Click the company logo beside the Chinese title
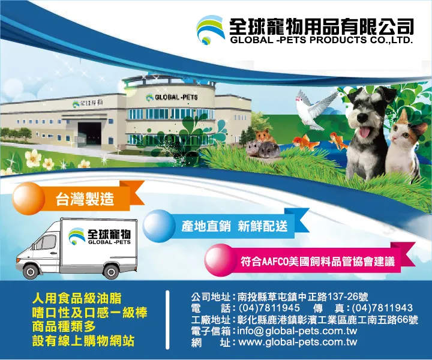coord(210,30)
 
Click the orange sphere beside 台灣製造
coord(28,199)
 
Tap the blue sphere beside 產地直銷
coord(158,226)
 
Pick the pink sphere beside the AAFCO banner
coord(220,260)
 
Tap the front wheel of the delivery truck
coord(31,271)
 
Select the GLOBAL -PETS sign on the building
coord(172,97)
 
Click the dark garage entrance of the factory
coord(89,134)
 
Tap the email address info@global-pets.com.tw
coord(297,331)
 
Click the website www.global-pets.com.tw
coord(298,342)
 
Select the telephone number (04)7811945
coord(269,308)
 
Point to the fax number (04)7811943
coord(382,308)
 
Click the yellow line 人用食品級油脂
coord(77,298)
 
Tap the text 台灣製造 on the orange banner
coord(85,199)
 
